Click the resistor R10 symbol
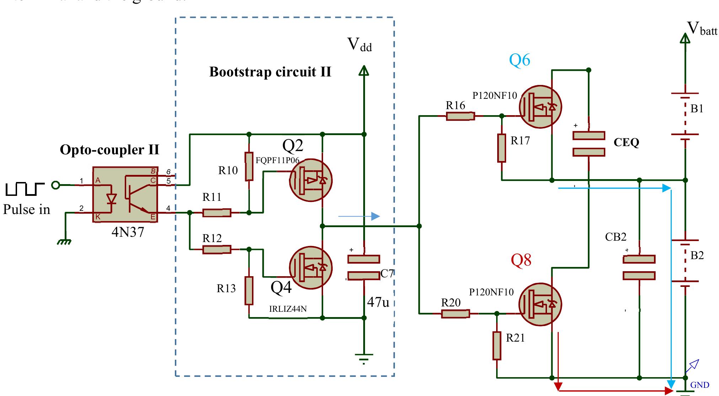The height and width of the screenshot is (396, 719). click(x=249, y=167)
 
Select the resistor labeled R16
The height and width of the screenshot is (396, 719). click(x=460, y=116)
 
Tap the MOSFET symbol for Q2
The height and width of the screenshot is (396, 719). click(x=310, y=180)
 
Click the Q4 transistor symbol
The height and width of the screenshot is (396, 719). click(x=310, y=268)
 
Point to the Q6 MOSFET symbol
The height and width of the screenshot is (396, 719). click(x=540, y=106)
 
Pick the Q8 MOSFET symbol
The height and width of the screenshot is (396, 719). click(x=540, y=304)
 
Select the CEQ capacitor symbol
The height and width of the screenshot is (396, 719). click(x=589, y=144)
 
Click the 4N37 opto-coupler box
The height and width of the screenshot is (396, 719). click(x=125, y=194)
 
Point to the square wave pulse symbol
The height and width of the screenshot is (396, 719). click(x=25, y=189)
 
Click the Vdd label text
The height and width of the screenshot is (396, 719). click(x=359, y=45)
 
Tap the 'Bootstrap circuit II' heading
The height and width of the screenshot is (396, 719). click(x=270, y=72)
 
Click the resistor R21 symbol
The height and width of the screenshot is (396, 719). click(x=497, y=346)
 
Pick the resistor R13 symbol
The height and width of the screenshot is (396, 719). click(x=249, y=290)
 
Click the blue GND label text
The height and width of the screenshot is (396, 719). click(x=699, y=385)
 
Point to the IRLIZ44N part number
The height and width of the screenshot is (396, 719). click(x=288, y=309)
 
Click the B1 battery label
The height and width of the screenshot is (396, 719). click(x=697, y=109)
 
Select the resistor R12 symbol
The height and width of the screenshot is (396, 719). click(x=216, y=250)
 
